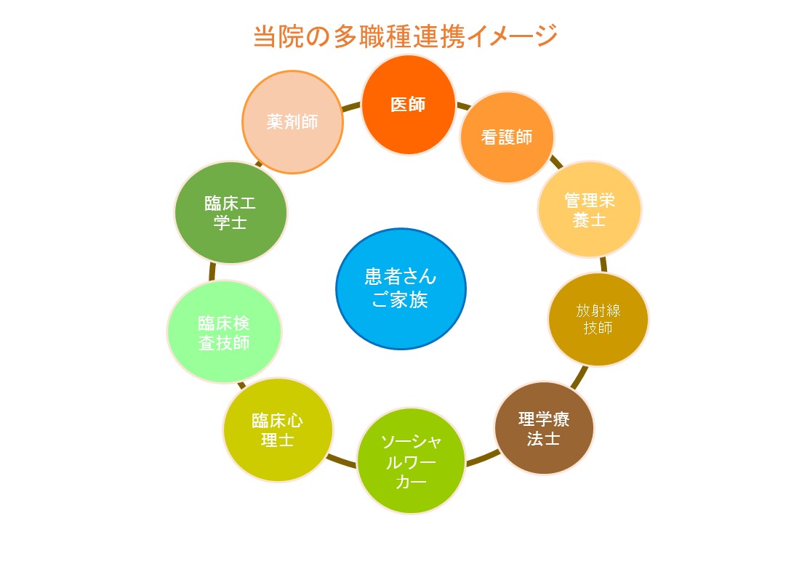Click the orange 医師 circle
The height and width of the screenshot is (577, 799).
(408, 105)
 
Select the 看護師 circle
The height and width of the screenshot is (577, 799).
(507, 137)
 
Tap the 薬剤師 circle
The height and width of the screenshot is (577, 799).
(292, 121)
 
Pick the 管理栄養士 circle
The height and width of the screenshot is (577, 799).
(590, 209)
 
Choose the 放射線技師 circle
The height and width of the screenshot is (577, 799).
(598, 319)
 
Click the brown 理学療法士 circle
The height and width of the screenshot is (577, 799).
(544, 428)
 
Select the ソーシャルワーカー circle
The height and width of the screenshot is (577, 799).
(411, 461)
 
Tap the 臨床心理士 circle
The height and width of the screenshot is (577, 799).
(278, 429)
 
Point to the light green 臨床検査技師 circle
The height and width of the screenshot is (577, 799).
(224, 332)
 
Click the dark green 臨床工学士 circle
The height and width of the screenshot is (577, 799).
(230, 213)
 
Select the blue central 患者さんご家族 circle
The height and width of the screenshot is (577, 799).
(401, 288)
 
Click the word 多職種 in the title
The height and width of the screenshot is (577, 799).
(373, 36)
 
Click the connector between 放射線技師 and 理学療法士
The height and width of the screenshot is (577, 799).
(579, 377)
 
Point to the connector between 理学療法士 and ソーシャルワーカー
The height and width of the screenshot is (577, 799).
(482, 457)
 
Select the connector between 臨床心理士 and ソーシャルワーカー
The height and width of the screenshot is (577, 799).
(342, 461)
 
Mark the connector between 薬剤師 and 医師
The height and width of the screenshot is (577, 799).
(352, 106)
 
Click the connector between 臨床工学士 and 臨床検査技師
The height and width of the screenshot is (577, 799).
(212, 272)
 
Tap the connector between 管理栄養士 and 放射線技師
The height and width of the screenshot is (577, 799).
(604, 265)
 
